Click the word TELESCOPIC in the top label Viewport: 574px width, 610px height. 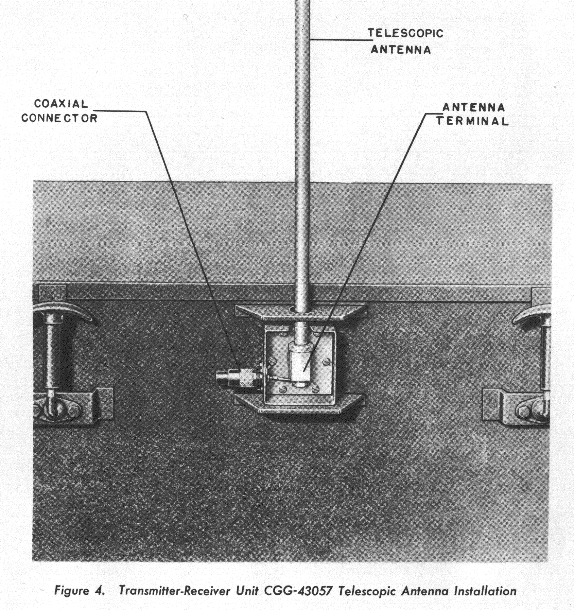405,33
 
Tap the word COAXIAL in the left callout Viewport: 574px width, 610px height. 61,104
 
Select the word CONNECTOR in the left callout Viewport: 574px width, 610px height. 59,118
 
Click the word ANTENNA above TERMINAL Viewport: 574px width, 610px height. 473,107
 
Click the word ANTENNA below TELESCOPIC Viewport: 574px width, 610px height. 401,50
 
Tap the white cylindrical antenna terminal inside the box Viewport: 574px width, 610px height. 300,363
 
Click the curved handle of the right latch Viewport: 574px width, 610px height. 532,314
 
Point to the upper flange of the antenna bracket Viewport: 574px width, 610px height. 301,312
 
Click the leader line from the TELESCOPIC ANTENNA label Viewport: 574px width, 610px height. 340,40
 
